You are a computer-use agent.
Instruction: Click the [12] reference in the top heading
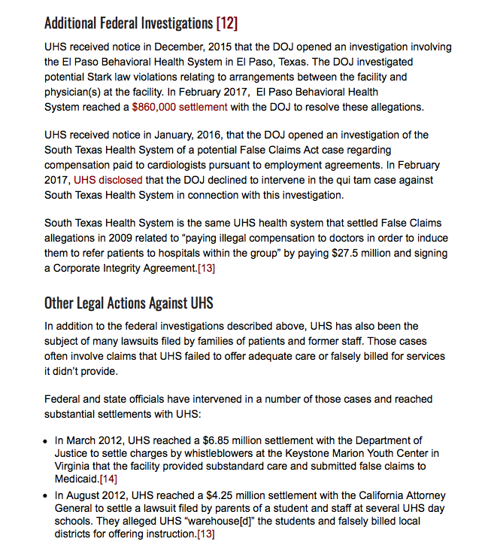pos(226,23)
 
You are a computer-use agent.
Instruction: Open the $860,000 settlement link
pos(179,107)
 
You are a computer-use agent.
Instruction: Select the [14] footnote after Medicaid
pos(109,478)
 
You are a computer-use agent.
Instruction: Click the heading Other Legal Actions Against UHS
pos(129,303)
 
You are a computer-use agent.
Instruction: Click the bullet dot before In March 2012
pos(47,440)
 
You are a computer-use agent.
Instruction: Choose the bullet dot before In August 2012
pos(47,496)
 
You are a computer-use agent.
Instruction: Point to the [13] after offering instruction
pos(205,534)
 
